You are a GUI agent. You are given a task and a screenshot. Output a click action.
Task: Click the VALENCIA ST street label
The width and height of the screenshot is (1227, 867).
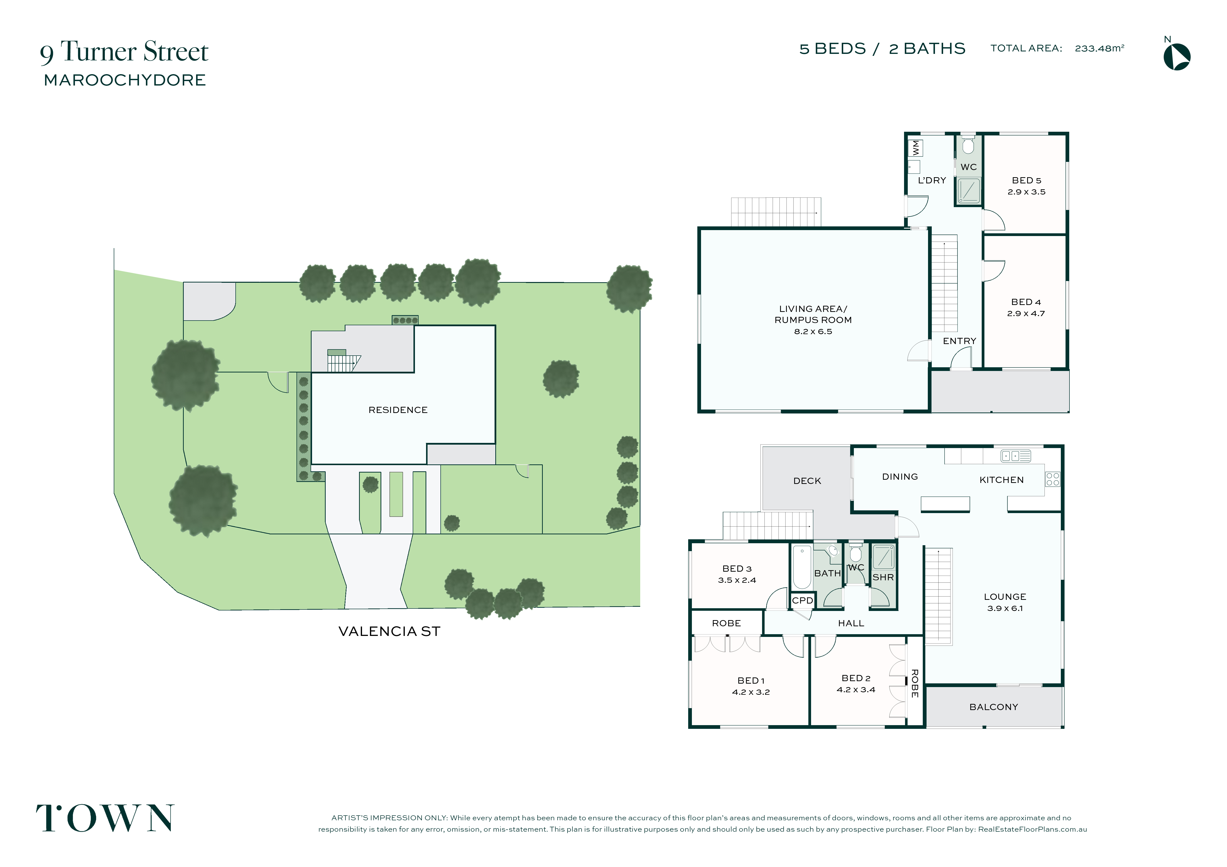(x=389, y=631)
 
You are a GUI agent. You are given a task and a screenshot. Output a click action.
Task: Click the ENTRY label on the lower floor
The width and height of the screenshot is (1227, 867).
(x=959, y=341)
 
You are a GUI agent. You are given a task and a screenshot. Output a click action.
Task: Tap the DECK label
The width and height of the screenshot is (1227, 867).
(x=807, y=481)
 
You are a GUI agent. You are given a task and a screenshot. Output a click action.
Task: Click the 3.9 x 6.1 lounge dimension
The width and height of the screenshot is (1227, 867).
(x=1005, y=608)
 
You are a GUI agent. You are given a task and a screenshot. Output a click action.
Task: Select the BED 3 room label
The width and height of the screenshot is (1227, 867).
(x=737, y=569)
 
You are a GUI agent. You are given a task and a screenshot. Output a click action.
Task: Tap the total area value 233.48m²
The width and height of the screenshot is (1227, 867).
(x=1099, y=48)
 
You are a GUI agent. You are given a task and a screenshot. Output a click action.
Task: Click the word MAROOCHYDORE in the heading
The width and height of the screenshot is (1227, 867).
(x=125, y=80)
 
